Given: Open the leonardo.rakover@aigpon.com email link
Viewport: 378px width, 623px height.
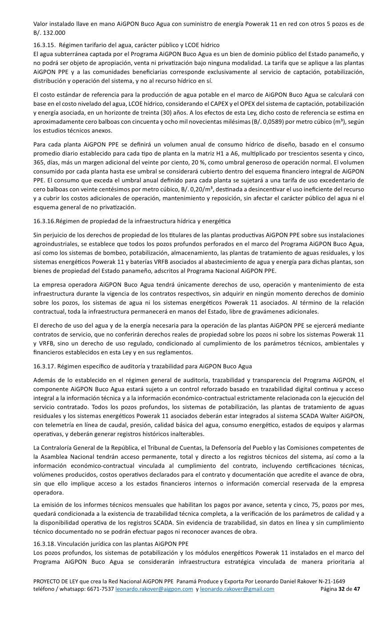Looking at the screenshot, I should click(x=154, y=589).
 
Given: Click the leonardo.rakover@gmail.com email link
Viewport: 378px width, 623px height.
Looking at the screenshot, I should click(x=237, y=589).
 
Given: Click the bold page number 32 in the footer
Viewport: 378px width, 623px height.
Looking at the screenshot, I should click(x=342, y=589).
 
